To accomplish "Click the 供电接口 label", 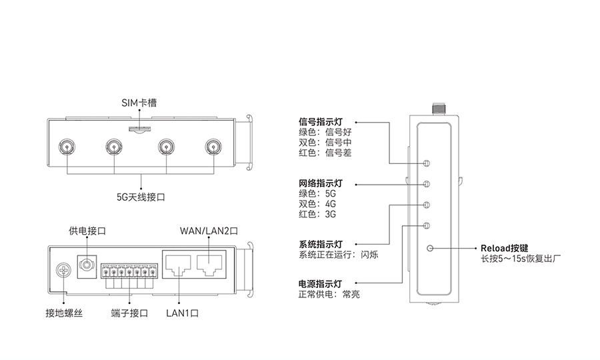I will coord(87,231).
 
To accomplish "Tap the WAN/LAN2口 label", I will coord(209,231).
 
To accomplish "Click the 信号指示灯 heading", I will coord(320,123).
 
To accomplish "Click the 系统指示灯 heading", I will coord(320,243).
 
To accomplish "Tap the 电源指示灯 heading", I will coord(320,283).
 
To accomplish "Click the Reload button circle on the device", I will coord(430,248).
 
